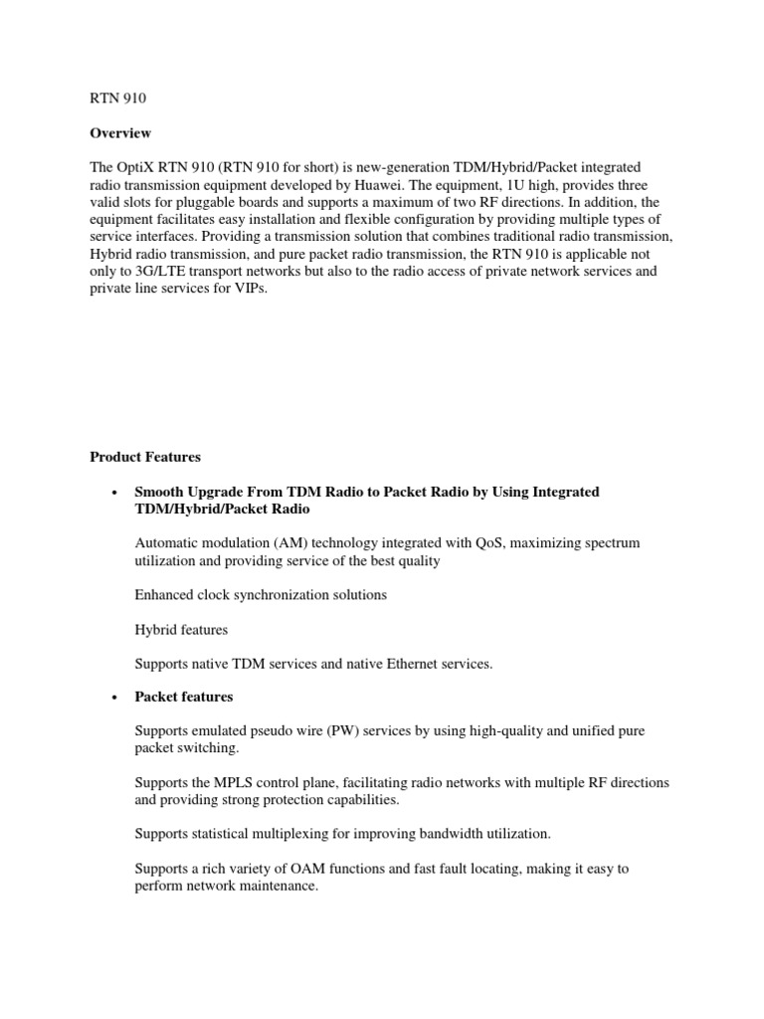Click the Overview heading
coord(120,133)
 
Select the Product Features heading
coord(145,457)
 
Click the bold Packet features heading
coord(184,697)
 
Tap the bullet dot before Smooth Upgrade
coord(116,494)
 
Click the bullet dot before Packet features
coord(116,698)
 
